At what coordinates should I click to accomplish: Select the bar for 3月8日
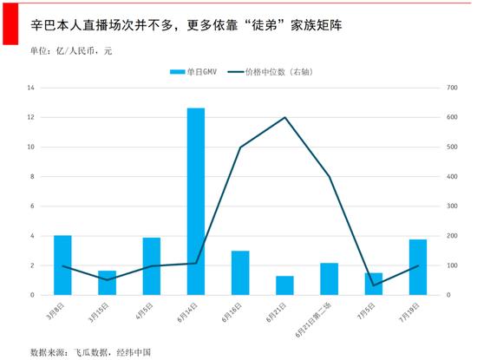click(x=62, y=265)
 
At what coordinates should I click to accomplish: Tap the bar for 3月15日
click(x=107, y=282)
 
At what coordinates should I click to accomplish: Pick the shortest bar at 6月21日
click(x=284, y=285)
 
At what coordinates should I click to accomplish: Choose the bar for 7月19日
click(x=418, y=266)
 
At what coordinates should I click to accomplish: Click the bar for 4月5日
click(x=152, y=265)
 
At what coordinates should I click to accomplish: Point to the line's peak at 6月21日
click(x=284, y=117)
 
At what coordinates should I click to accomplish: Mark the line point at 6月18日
click(x=240, y=147)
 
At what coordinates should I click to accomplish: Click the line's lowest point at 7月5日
click(x=374, y=285)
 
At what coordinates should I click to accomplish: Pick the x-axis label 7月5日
click(x=368, y=310)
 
